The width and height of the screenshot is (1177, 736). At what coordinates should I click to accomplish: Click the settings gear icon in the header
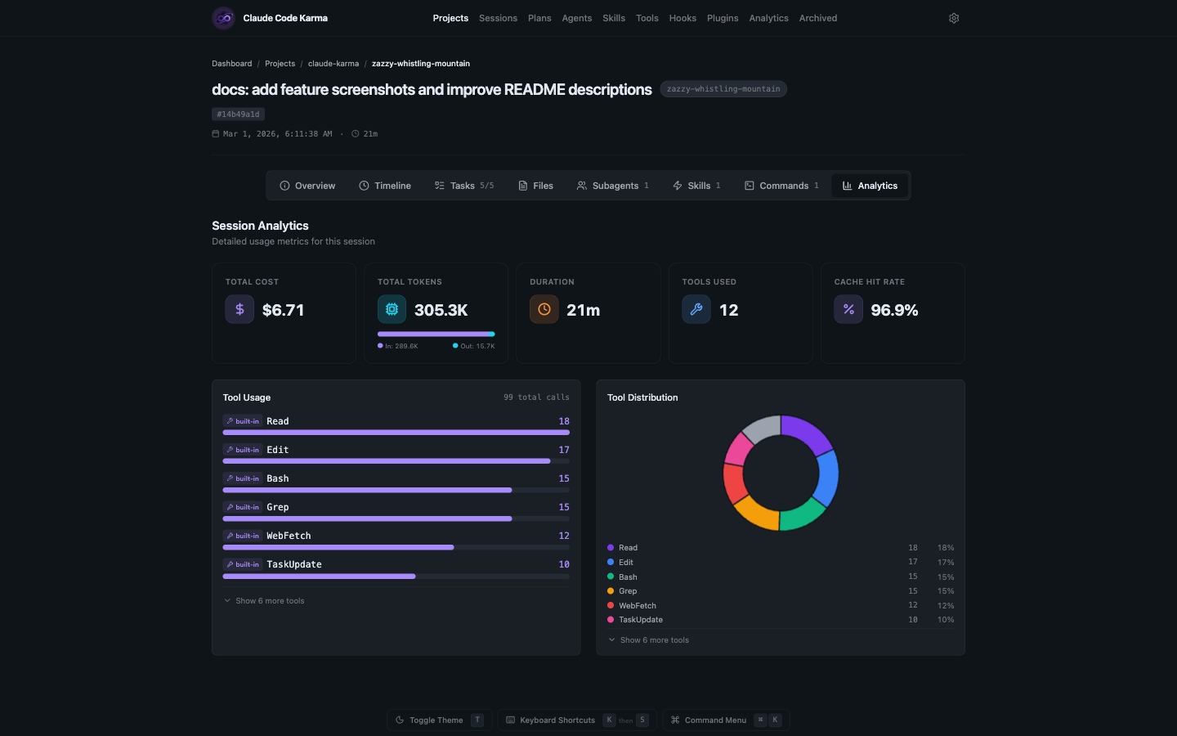click(953, 18)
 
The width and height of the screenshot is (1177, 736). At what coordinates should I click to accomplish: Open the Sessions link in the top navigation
click(498, 18)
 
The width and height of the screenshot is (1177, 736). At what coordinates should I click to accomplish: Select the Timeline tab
click(385, 186)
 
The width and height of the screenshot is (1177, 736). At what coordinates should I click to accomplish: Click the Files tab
click(535, 186)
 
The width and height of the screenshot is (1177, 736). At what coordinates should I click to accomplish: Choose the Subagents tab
click(613, 186)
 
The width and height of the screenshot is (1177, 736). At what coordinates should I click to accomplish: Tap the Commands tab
click(781, 186)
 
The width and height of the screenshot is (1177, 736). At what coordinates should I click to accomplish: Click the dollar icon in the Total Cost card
click(239, 309)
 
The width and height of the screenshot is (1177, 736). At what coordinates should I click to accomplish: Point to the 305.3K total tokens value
click(441, 310)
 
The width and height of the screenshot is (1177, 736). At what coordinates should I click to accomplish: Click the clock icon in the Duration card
click(544, 309)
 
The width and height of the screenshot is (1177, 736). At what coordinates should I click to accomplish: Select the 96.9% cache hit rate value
click(894, 310)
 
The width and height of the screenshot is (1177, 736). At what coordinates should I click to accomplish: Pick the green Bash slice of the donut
click(802, 514)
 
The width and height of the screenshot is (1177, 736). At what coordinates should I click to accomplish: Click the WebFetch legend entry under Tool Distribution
click(638, 606)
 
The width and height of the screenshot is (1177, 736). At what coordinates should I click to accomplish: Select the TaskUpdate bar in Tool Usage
click(319, 577)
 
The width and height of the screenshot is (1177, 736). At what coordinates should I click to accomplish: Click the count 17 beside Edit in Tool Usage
click(564, 450)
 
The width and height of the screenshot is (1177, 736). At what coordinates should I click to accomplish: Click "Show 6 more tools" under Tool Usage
click(270, 601)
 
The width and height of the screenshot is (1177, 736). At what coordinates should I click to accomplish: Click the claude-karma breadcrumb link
click(333, 64)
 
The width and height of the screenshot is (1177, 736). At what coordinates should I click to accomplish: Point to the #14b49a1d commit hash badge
click(238, 114)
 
